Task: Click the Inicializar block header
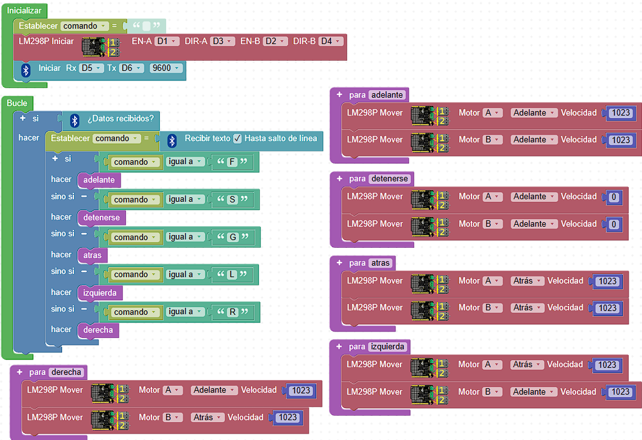(24, 11)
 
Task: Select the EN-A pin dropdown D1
(167, 42)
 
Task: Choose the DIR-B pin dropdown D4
(330, 42)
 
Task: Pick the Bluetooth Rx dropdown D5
(91, 68)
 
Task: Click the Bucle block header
(17, 103)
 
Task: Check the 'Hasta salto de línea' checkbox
(238, 139)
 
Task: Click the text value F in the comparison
(232, 162)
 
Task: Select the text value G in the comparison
(233, 237)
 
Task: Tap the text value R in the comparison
(233, 312)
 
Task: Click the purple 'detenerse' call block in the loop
(102, 217)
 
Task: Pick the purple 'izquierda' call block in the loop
(100, 292)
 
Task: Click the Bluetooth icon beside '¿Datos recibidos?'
(75, 120)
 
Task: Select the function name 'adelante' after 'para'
(387, 95)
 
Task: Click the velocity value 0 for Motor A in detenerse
(614, 197)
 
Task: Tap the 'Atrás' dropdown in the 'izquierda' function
(527, 364)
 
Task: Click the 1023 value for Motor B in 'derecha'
(288, 418)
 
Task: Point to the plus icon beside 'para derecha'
(19, 372)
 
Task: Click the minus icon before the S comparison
(84, 197)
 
